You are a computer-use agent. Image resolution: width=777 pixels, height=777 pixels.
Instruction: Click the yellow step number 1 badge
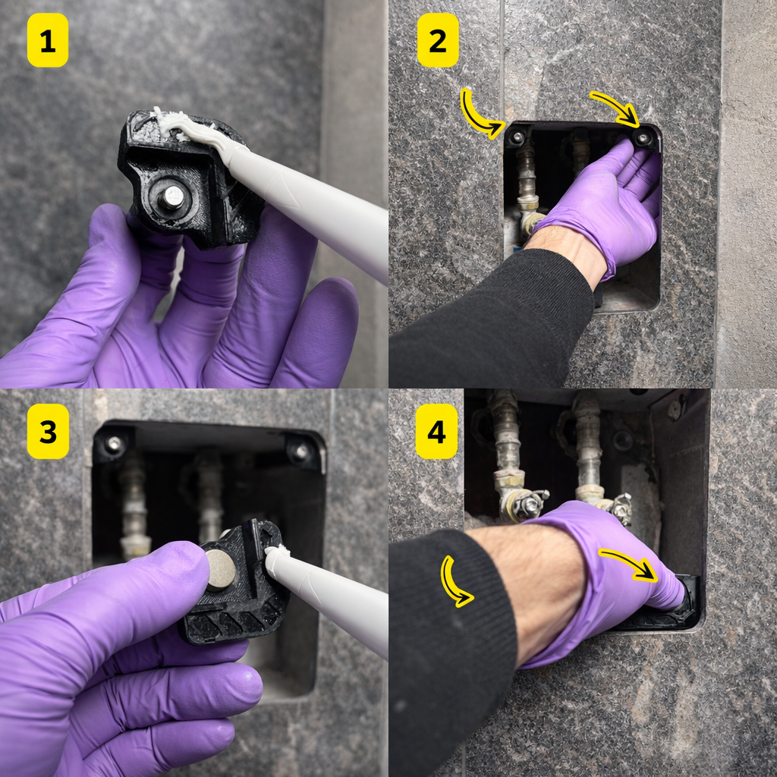tap(48, 40)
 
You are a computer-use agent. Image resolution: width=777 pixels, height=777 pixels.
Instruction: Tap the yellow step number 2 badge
tap(438, 40)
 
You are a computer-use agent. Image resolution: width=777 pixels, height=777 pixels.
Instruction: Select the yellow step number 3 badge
tap(48, 432)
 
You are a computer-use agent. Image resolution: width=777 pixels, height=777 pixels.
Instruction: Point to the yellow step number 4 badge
tap(436, 432)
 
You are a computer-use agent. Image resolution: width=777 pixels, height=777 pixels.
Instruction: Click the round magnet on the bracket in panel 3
tap(221, 570)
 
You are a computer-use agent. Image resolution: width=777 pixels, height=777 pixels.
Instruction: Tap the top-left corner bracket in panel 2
tap(517, 138)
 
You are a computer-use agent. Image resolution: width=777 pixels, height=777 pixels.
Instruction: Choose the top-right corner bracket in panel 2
tap(643, 138)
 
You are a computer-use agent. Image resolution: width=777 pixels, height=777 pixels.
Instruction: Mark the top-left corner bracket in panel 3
tap(113, 445)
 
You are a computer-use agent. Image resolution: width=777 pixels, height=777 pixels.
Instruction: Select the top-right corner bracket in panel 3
tap(301, 452)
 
